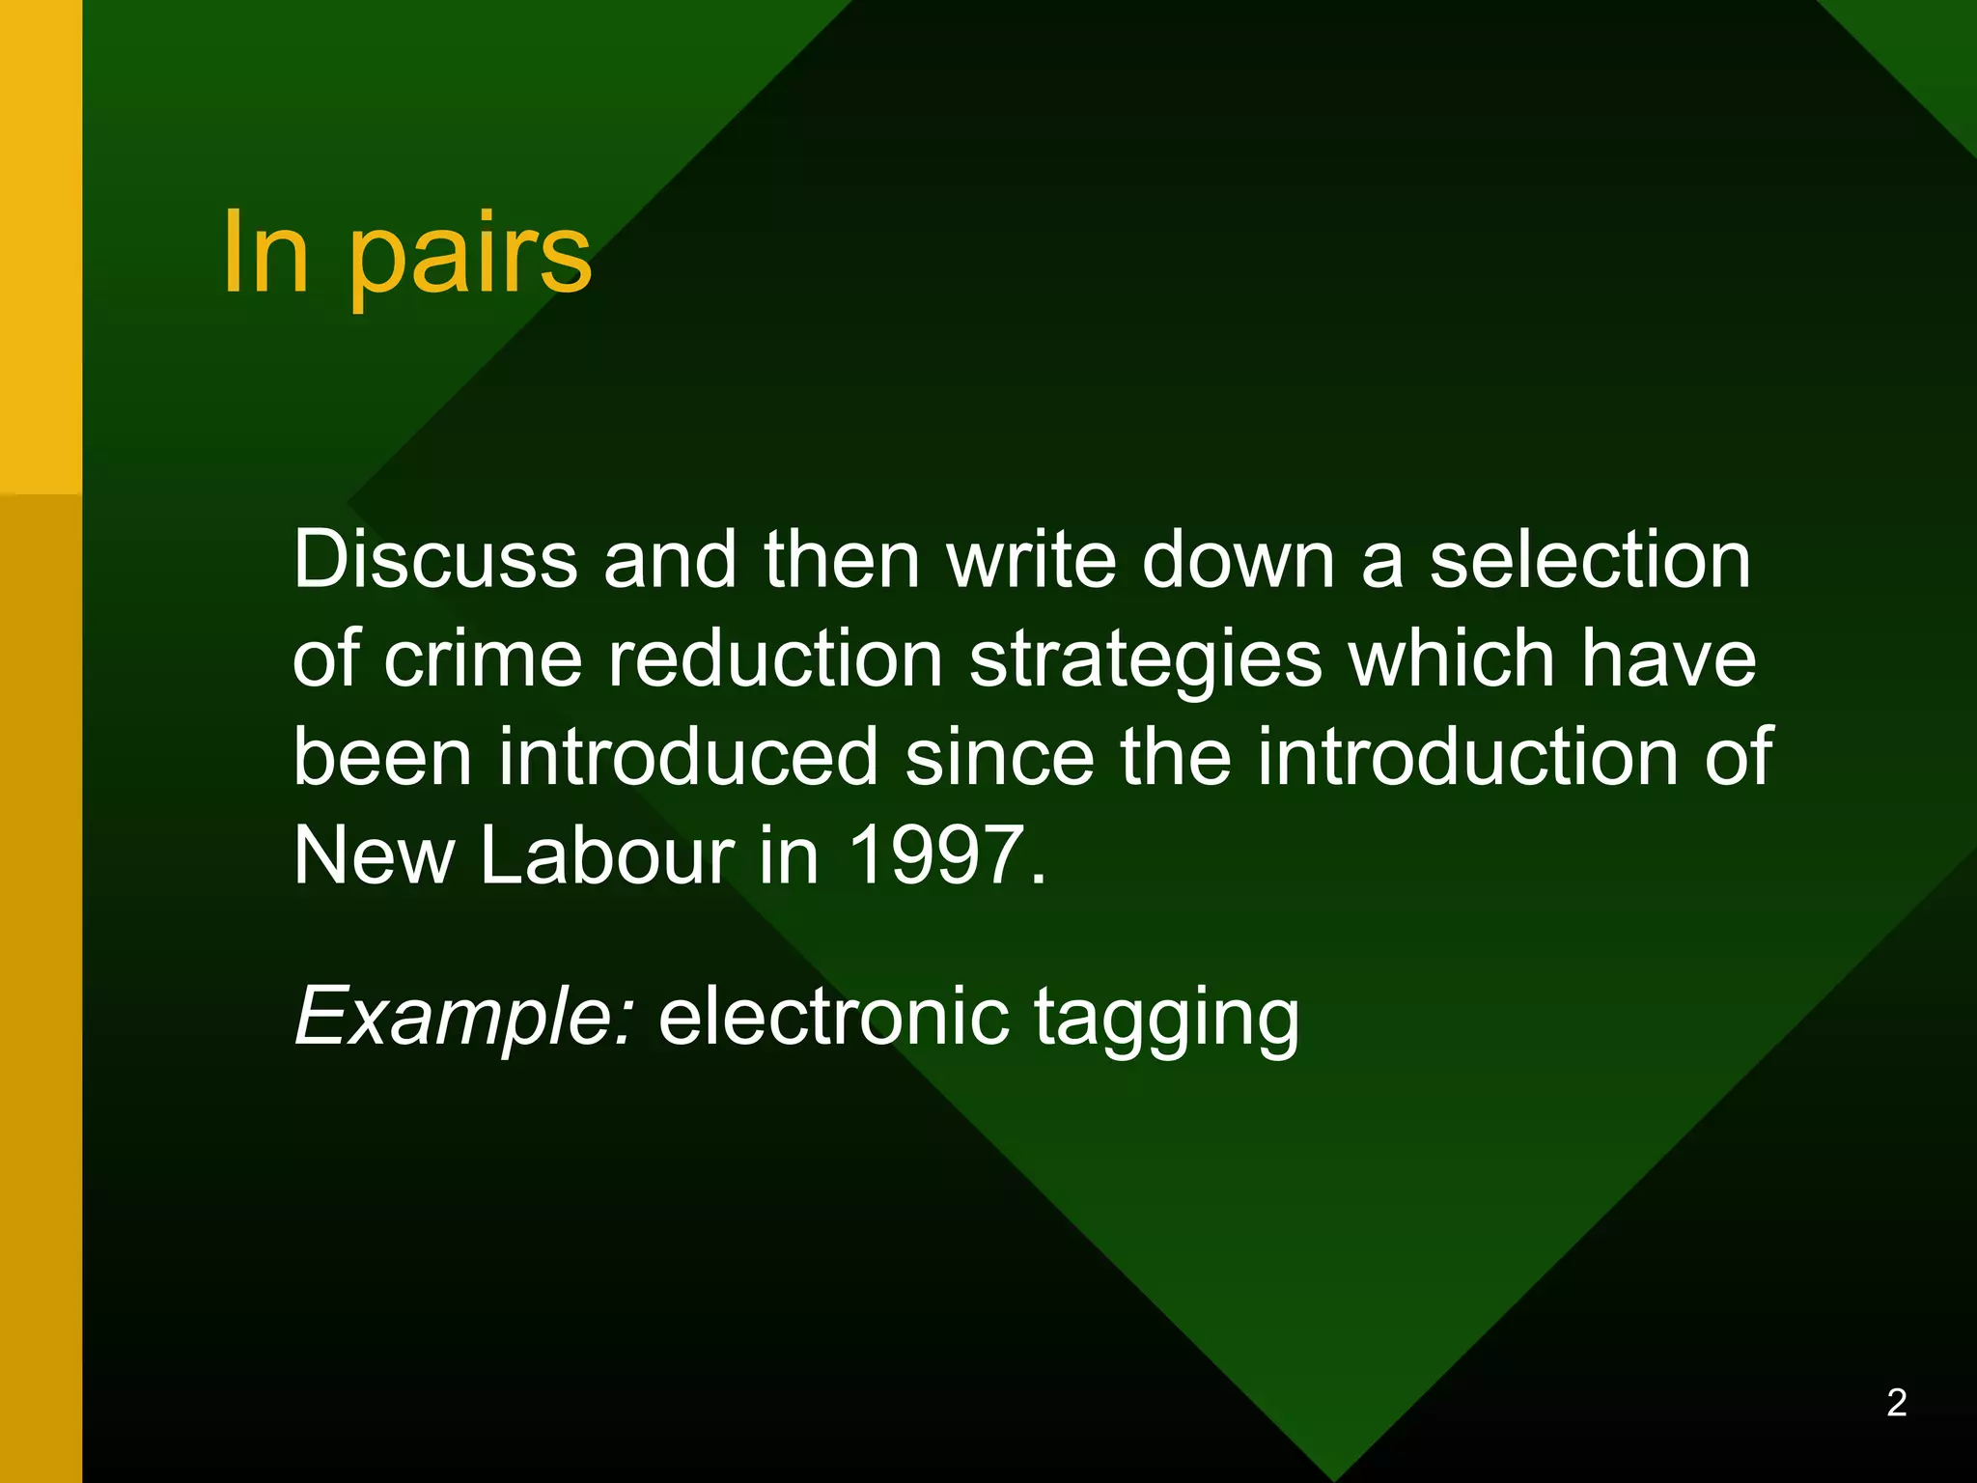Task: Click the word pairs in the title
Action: click(x=470, y=256)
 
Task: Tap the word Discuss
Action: click(x=435, y=559)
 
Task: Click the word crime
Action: click(x=484, y=658)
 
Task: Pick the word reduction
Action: click(x=775, y=658)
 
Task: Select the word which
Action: click(x=1452, y=658)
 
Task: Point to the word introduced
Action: click(x=688, y=757)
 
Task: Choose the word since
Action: click(x=1000, y=757)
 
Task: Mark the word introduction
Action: click(x=1467, y=757)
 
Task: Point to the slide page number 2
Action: click(x=1896, y=1403)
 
